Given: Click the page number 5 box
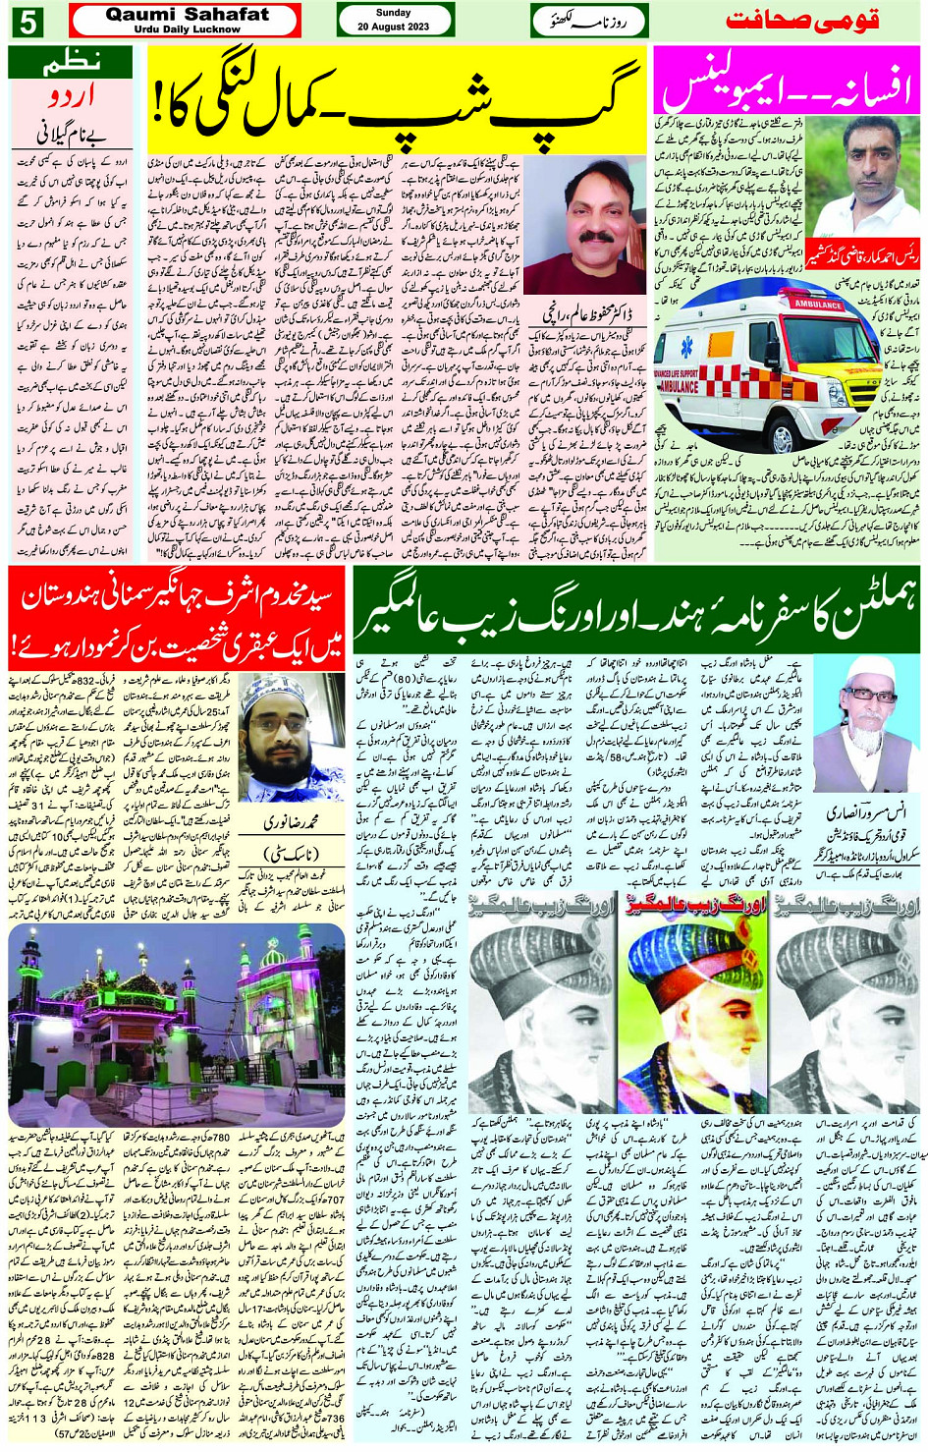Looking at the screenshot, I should [x=27, y=21].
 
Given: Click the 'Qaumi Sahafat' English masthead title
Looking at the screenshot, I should [x=187, y=15].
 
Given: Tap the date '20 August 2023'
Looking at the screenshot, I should [x=394, y=27].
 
